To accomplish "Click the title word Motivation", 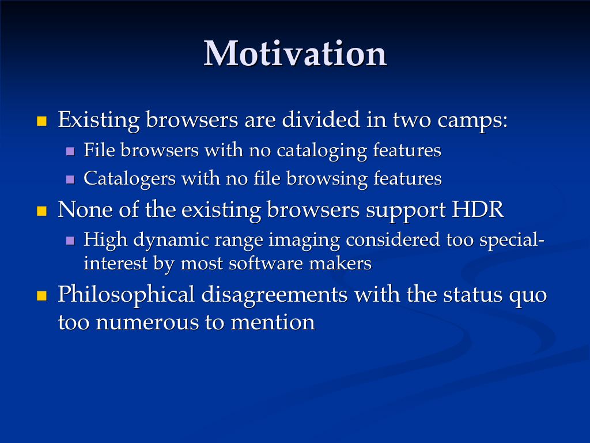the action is (296, 54).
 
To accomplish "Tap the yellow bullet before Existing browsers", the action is (41, 121).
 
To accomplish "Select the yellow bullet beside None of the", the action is (41, 211).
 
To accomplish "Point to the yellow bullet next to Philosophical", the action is (41, 296).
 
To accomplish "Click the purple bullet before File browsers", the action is (70, 152).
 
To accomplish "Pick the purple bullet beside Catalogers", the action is (70, 179).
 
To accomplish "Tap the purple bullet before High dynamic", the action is (70, 241).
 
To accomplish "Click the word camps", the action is (472, 121).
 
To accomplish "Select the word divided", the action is (321, 119).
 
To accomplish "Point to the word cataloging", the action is (322, 151).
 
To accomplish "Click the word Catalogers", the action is (130, 179).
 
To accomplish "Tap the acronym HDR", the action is (478, 209).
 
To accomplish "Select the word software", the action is (266, 263).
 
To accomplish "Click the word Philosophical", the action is (126, 295).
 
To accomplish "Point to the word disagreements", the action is (274, 295).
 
